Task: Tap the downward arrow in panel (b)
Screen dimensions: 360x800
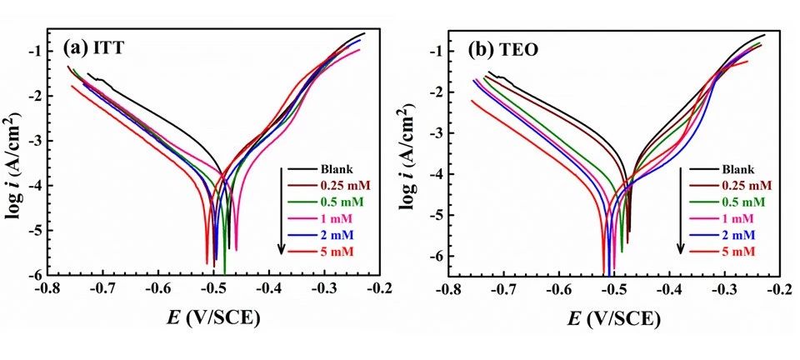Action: pos(681,208)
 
